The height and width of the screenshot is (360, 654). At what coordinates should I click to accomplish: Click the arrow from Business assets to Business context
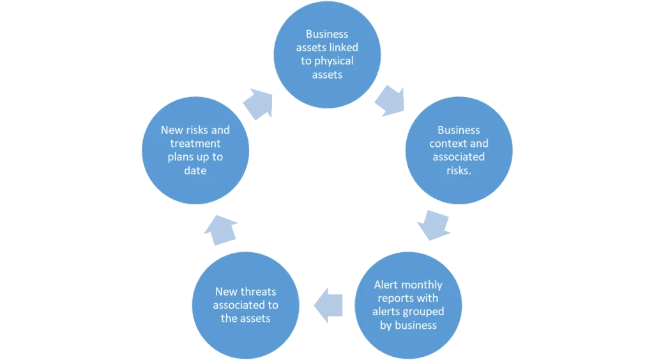tap(390, 101)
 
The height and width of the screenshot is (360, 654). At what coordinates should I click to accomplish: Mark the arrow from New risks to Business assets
tap(259, 103)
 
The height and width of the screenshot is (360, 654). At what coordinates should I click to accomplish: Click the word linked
tap(343, 48)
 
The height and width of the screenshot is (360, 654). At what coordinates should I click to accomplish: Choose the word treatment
tap(195, 144)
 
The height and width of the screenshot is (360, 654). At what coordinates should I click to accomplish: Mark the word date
tap(195, 170)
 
